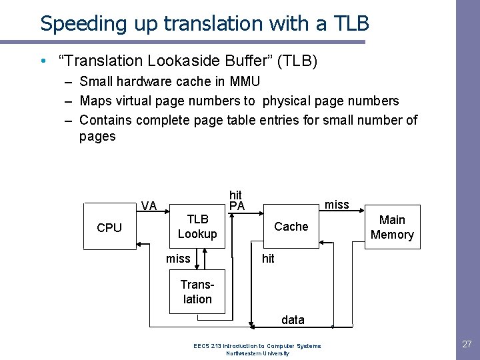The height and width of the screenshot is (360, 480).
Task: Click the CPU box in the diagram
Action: click(109, 227)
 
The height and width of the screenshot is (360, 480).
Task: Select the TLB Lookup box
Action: click(197, 227)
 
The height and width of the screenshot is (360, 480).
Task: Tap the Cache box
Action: click(291, 227)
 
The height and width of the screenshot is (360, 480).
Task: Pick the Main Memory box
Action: click(392, 227)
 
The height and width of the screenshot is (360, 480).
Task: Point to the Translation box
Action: click(197, 292)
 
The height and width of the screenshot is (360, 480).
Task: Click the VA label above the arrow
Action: click(149, 206)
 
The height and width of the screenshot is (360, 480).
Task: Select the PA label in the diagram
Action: click(237, 206)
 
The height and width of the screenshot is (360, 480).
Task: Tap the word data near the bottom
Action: click(293, 320)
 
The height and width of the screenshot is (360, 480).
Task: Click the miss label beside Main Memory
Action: click(337, 205)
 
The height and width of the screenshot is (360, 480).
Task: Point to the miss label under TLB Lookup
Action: click(178, 259)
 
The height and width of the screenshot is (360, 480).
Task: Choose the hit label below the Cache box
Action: click(268, 259)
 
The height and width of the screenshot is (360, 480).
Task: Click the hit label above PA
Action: click(235, 195)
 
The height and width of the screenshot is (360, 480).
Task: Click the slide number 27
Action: click(467, 345)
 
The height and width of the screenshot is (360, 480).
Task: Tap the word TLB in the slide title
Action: click(349, 23)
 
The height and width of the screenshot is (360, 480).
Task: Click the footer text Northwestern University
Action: click(257, 353)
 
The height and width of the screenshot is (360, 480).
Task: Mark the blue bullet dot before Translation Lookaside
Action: click(43, 61)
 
